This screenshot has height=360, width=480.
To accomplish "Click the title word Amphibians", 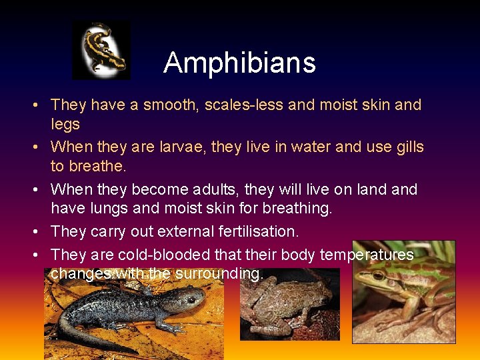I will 239,63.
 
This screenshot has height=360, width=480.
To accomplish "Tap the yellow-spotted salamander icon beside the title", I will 101,50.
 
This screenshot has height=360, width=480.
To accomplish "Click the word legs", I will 65,124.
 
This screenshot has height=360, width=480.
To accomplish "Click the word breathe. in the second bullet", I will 97,166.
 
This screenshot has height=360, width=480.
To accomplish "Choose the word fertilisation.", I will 264,231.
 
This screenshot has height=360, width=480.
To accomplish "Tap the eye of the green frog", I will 379,275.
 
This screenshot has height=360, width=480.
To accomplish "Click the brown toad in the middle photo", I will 287,303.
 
